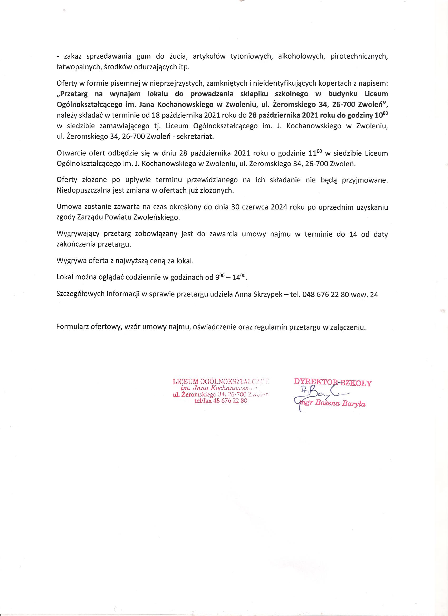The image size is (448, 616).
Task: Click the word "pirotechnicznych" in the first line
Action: tap(359, 57)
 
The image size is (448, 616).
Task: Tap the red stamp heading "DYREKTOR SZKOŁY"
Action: tap(333, 383)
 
